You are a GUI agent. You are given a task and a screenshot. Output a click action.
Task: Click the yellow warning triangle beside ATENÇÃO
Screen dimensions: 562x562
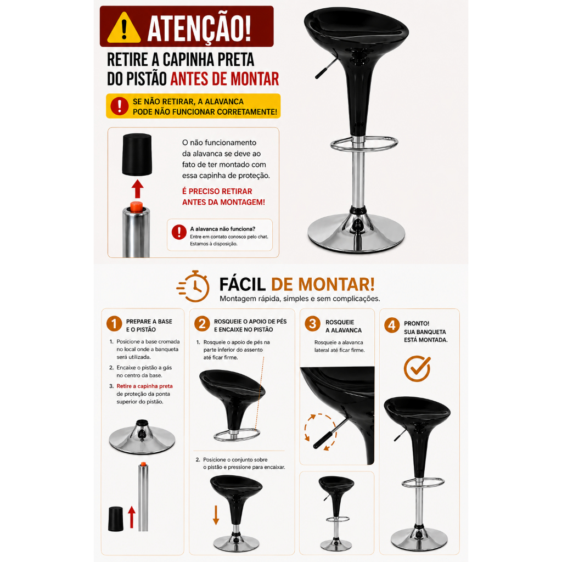(x=124, y=28)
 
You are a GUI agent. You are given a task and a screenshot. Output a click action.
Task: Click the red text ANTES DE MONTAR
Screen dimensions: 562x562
(x=224, y=79)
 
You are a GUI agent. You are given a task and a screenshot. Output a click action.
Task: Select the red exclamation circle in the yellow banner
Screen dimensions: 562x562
(x=119, y=106)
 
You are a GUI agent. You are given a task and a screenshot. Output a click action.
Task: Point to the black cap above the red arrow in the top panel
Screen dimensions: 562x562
(x=137, y=154)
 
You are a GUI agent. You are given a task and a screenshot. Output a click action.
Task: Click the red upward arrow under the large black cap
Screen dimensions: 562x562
(x=137, y=189)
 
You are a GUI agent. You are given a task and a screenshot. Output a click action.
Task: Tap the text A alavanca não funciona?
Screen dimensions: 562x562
(x=223, y=229)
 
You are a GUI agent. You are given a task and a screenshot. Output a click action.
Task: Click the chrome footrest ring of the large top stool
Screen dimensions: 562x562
(x=364, y=144)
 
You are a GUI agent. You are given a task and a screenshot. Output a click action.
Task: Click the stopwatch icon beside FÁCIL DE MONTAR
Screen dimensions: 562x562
(x=193, y=286)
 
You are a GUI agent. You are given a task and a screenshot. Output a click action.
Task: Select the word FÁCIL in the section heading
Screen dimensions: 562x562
(x=242, y=285)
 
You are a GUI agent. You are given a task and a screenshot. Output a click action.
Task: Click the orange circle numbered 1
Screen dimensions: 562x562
(x=114, y=324)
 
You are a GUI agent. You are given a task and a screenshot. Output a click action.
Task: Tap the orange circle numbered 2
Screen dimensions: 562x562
(x=202, y=324)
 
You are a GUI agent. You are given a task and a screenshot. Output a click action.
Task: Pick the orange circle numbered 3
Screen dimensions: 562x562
(x=312, y=324)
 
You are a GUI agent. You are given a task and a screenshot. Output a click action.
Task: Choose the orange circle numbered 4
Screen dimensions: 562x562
(x=392, y=325)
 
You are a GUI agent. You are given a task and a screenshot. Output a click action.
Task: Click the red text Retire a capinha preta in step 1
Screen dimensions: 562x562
(x=144, y=386)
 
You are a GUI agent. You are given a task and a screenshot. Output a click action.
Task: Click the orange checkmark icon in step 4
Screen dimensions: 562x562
(x=417, y=368)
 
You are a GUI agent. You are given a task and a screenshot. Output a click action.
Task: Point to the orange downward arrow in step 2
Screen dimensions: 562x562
(x=216, y=515)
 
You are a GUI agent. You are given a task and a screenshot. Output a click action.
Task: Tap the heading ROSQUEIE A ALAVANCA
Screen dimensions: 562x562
(x=344, y=326)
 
